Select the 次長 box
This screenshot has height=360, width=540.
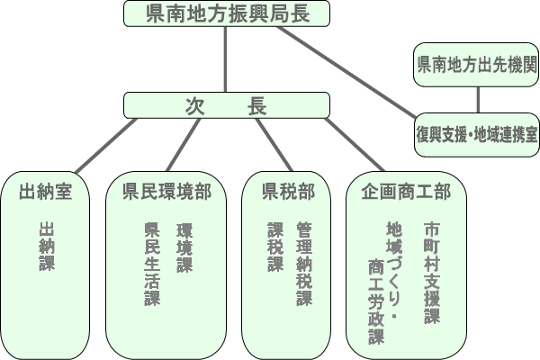pos(225,105)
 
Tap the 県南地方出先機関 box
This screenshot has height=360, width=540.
pos(476,65)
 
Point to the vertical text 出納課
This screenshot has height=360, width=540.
pos(47,246)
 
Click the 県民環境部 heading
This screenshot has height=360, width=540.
pos(166,191)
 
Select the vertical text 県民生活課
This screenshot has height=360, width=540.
pos(151,265)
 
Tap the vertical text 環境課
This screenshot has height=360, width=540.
pos(184,246)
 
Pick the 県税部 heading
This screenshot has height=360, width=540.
pos(288,191)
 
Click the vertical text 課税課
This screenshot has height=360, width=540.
pos(274,246)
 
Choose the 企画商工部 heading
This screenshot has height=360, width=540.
pos(406,191)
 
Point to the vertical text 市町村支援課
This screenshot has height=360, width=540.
pos(434,271)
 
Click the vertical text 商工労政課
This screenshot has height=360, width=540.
pos(376,301)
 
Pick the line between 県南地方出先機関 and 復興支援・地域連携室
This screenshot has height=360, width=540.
pos(476,99)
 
